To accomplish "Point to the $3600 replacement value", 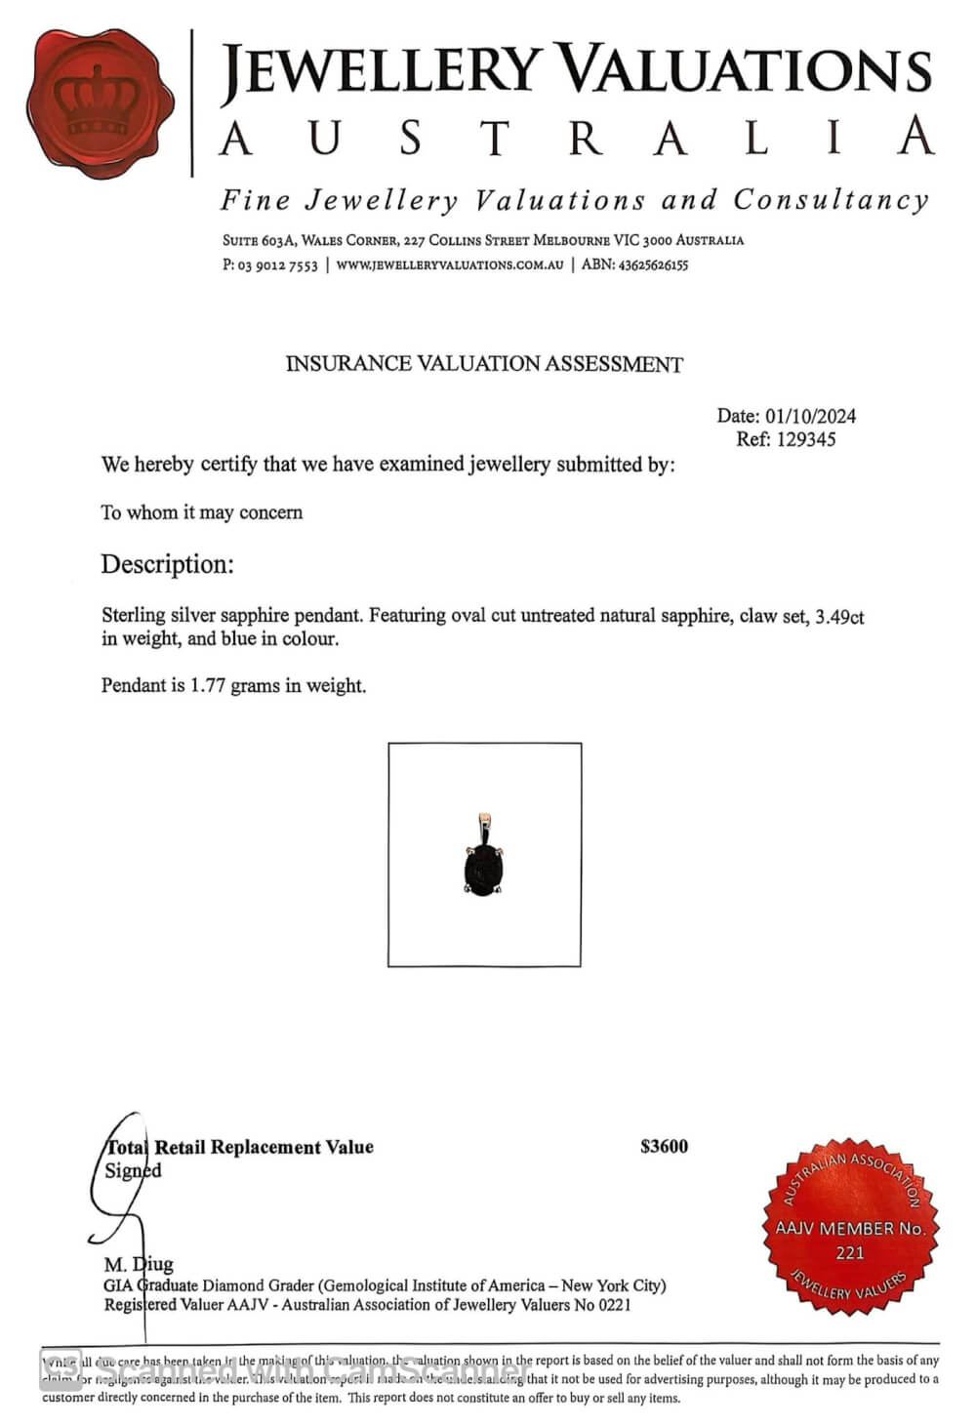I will [x=664, y=1147].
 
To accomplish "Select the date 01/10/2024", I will [x=810, y=416].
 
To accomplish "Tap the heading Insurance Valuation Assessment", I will [x=484, y=364].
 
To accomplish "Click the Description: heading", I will [x=167, y=564].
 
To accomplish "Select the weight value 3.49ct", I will [x=839, y=617].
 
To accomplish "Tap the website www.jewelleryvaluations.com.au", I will [x=450, y=265].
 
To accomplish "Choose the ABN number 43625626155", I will [x=653, y=265].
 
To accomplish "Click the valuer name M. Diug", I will [x=139, y=1265].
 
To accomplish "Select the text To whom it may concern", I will [x=201, y=512].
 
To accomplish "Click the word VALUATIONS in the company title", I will [x=748, y=72].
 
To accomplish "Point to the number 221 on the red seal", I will [x=849, y=1252].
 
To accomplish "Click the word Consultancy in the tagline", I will [x=831, y=201].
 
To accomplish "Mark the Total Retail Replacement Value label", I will [x=239, y=1148].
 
